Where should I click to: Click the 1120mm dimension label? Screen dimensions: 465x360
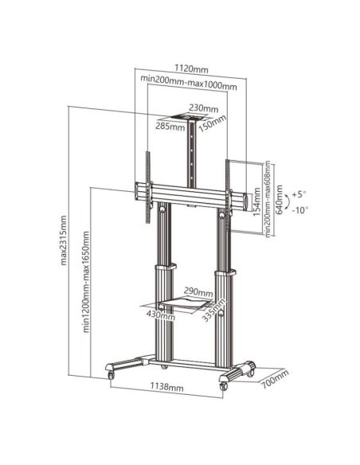(188, 69)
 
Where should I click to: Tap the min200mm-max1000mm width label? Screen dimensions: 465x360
(188, 82)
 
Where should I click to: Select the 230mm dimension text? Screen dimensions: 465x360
(204, 108)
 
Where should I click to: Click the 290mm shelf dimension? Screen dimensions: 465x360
(198, 291)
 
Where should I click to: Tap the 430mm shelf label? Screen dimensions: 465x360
(161, 316)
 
